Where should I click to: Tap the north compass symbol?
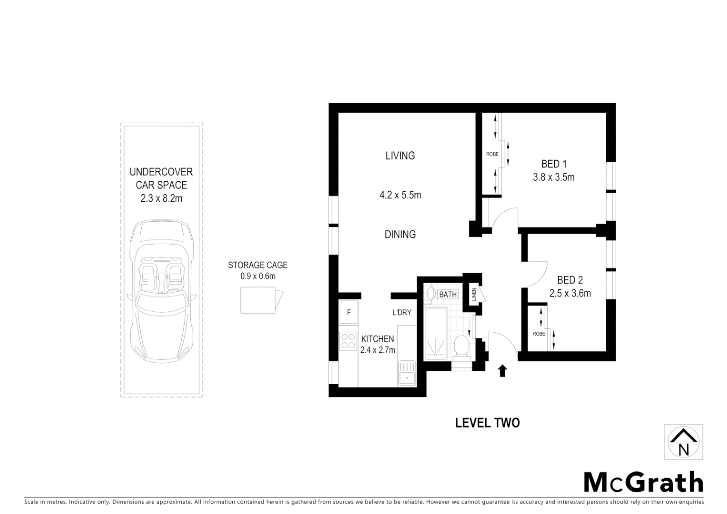[x=683, y=442]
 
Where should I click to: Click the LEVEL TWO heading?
[x=487, y=423]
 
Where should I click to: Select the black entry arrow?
[x=502, y=371]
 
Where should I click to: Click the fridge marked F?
[x=349, y=313]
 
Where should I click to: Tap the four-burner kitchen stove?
[x=349, y=341]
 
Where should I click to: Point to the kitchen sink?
[x=407, y=373]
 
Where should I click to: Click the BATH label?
[x=448, y=295]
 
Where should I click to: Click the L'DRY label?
[x=402, y=313]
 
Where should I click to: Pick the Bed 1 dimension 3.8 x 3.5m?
[x=553, y=178]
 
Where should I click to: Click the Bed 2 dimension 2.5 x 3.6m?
[x=570, y=294]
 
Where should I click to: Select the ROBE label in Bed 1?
[x=492, y=154]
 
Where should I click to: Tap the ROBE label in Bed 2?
[x=539, y=334]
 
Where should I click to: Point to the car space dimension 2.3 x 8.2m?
[x=161, y=198]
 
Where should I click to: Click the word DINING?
[x=400, y=234]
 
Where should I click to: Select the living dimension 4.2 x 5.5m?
[x=400, y=195]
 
